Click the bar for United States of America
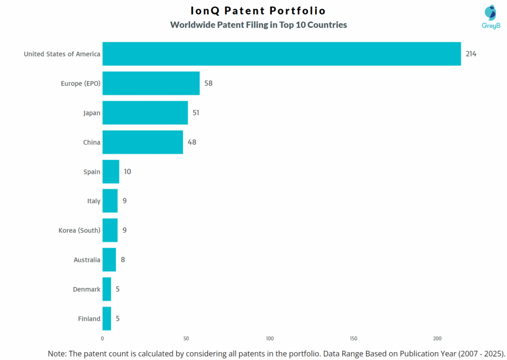(x=281, y=54)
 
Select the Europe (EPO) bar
(x=151, y=83)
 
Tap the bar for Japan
(x=145, y=113)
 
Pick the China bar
(x=143, y=142)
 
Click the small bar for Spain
(x=111, y=172)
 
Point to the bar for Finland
(x=107, y=318)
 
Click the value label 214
(x=471, y=54)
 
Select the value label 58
(x=208, y=83)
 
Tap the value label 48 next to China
(x=192, y=142)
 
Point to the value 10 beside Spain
(x=128, y=172)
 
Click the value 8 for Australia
(x=123, y=259)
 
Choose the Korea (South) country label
(x=79, y=230)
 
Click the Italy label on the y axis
(x=94, y=201)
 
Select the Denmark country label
(x=86, y=289)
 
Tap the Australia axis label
(x=87, y=260)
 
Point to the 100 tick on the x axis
(x=270, y=339)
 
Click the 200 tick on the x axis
(x=437, y=339)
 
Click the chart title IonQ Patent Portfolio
(x=258, y=10)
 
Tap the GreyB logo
(x=491, y=17)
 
